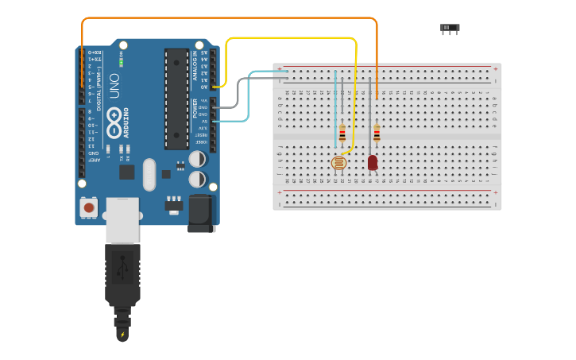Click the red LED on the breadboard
pyautogui.click(x=373, y=162)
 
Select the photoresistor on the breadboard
pyautogui.click(x=338, y=163)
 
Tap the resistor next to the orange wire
pyautogui.click(x=377, y=133)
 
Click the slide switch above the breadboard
pyautogui.click(x=450, y=29)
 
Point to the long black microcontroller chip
pyautogui.click(x=176, y=99)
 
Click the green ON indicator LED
pyautogui.click(x=122, y=61)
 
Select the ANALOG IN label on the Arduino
pyautogui.click(x=195, y=65)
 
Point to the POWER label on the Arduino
pyautogui.click(x=195, y=108)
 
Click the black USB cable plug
pyautogui.click(x=122, y=274)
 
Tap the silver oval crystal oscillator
pyautogui.click(x=149, y=174)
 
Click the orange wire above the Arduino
pyautogui.click(x=230, y=18)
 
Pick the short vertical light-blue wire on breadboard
pyautogui.click(x=335, y=107)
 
